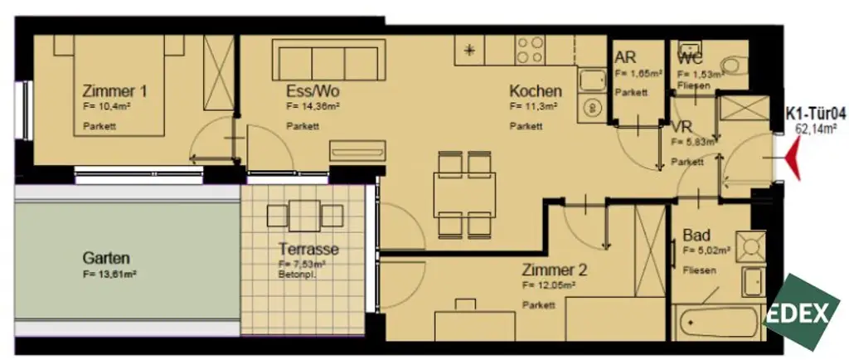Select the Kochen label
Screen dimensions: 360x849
point(535,90)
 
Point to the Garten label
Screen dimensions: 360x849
point(106,258)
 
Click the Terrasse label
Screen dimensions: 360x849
point(308,249)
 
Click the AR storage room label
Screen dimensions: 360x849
point(625,57)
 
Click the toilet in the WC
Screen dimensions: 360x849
point(735,63)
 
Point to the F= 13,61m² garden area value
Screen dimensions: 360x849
point(109,274)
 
